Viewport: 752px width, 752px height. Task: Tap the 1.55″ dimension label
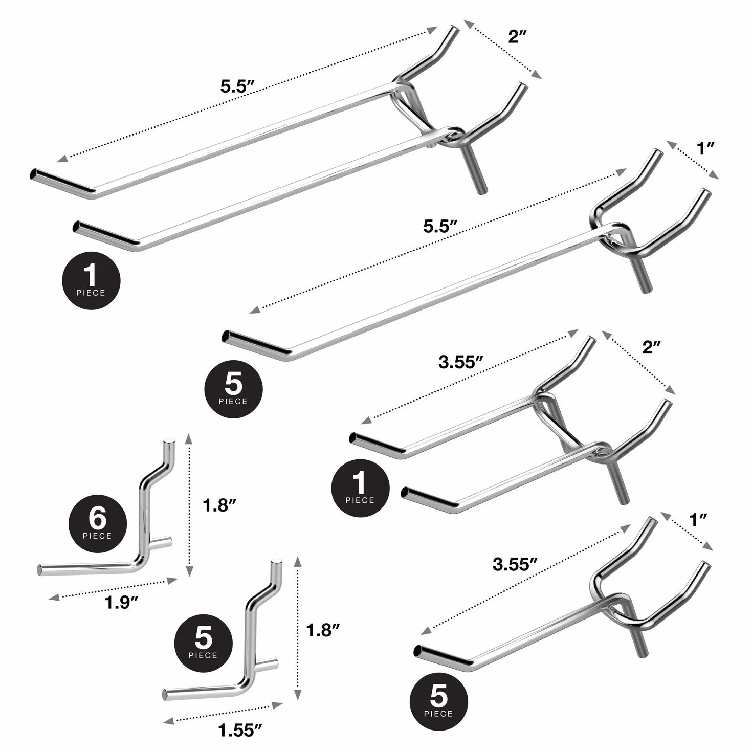click(x=240, y=730)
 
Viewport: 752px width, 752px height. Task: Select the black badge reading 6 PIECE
click(x=98, y=524)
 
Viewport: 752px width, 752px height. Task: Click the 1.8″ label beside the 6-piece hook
click(x=219, y=505)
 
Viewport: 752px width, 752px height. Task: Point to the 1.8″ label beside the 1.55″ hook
click(x=323, y=641)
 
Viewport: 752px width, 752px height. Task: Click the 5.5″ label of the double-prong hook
click(x=238, y=86)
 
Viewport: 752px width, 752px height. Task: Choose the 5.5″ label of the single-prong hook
click(x=440, y=226)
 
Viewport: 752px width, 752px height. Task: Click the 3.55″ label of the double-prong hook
click(x=461, y=362)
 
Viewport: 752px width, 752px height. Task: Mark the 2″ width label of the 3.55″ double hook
click(x=651, y=347)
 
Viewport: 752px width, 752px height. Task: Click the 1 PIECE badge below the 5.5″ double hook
click(x=92, y=280)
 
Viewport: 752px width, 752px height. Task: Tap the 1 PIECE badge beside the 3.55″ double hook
click(x=360, y=488)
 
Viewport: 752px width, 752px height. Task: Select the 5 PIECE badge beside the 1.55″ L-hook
click(x=203, y=643)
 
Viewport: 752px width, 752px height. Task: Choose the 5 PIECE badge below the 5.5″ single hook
click(x=233, y=389)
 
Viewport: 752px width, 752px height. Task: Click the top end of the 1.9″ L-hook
click(x=169, y=442)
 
